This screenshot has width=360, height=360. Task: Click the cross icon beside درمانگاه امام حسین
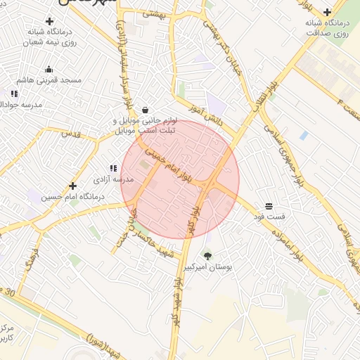(x=72, y=186)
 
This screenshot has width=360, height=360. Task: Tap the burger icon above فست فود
(x=269, y=206)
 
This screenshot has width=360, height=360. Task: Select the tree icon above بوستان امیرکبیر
(x=207, y=255)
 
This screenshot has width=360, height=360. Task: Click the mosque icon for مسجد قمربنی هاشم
(x=49, y=69)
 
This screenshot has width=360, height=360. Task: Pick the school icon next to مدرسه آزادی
(x=112, y=168)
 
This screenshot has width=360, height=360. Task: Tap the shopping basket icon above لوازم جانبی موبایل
(x=145, y=110)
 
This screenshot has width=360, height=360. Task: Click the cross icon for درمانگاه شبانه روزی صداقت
(x=328, y=12)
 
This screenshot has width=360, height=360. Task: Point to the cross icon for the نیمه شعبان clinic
(x=56, y=20)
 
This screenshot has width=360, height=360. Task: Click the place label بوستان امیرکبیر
(x=207, y=268)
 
